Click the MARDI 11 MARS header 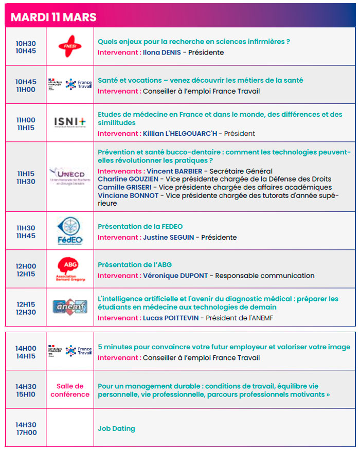(x=53, y=16)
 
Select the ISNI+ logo (x=70, y=122)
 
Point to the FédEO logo (x=70, y=231)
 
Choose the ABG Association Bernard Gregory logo (x=70, y=269)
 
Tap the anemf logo (x=70, y=308)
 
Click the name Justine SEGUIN (x=171, y=238)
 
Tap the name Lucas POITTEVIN (x=173, y=318)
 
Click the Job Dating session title (x=117, y=428)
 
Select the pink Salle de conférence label (x=70, y=390)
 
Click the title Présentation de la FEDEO (x=140, y=226)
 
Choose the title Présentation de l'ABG (x=135, y=265)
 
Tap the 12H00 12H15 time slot (x=26, y=270)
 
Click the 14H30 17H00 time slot (x=26, y=428)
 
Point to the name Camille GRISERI (x=124, y=187)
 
